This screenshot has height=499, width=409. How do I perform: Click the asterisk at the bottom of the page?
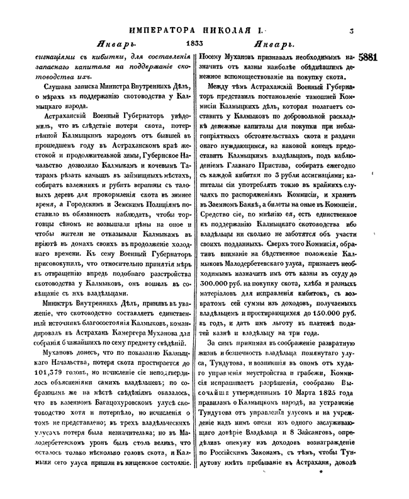[x=320, y=479]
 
